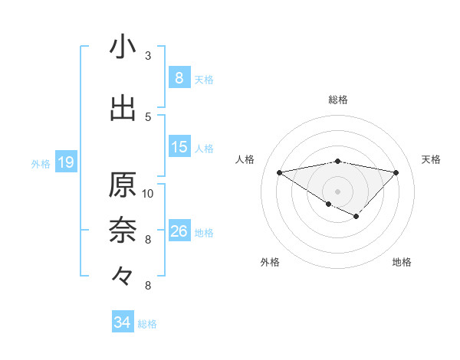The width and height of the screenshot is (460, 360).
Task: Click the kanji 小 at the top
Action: click(x=123, y=47)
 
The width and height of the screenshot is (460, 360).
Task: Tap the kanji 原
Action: click(x=123, y=185)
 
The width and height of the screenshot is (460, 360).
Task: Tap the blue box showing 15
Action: click(x=179, y=147)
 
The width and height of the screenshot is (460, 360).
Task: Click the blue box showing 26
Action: click(x=179, y=231)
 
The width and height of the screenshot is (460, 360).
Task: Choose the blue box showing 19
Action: click(x=65, y=162)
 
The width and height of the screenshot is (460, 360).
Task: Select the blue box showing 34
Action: click(x=122, y=323)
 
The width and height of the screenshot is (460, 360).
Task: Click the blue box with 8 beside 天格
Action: click(x=179, y=78)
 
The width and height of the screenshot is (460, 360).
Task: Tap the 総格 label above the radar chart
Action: click(x=338, y=100)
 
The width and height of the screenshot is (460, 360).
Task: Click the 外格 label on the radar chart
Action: click(x=270, y=262)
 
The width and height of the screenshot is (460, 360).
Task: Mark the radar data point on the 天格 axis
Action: click(x=396, y=172)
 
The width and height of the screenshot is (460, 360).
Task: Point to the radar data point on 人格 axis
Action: click(x=280, y=172)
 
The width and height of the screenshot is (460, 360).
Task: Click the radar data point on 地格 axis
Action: click(x=356, y=217)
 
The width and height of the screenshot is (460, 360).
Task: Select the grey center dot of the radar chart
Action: click(x=337, y=190)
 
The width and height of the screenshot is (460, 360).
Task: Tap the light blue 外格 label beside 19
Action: click(x=40, y=163)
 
